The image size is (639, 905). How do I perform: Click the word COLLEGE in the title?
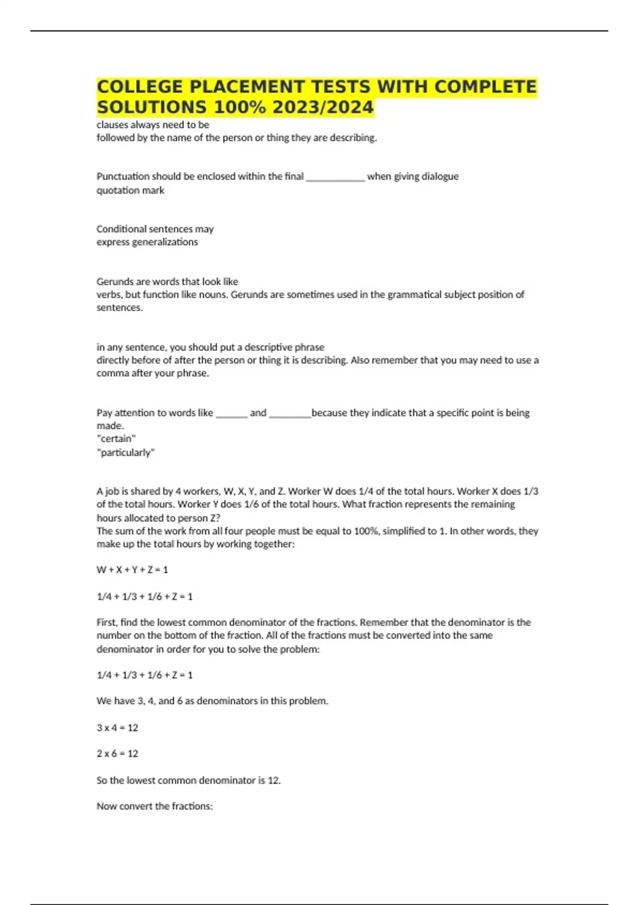141,87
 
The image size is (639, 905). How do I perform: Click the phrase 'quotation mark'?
130,190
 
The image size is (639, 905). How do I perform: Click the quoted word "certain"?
116,439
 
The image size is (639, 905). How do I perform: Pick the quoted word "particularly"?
126,452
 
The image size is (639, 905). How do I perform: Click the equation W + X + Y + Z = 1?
132,570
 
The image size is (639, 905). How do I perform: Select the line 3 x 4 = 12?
117,728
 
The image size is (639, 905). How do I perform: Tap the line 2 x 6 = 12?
117,754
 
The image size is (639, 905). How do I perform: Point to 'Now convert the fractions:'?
154,807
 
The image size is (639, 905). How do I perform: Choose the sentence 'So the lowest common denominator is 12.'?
189,780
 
